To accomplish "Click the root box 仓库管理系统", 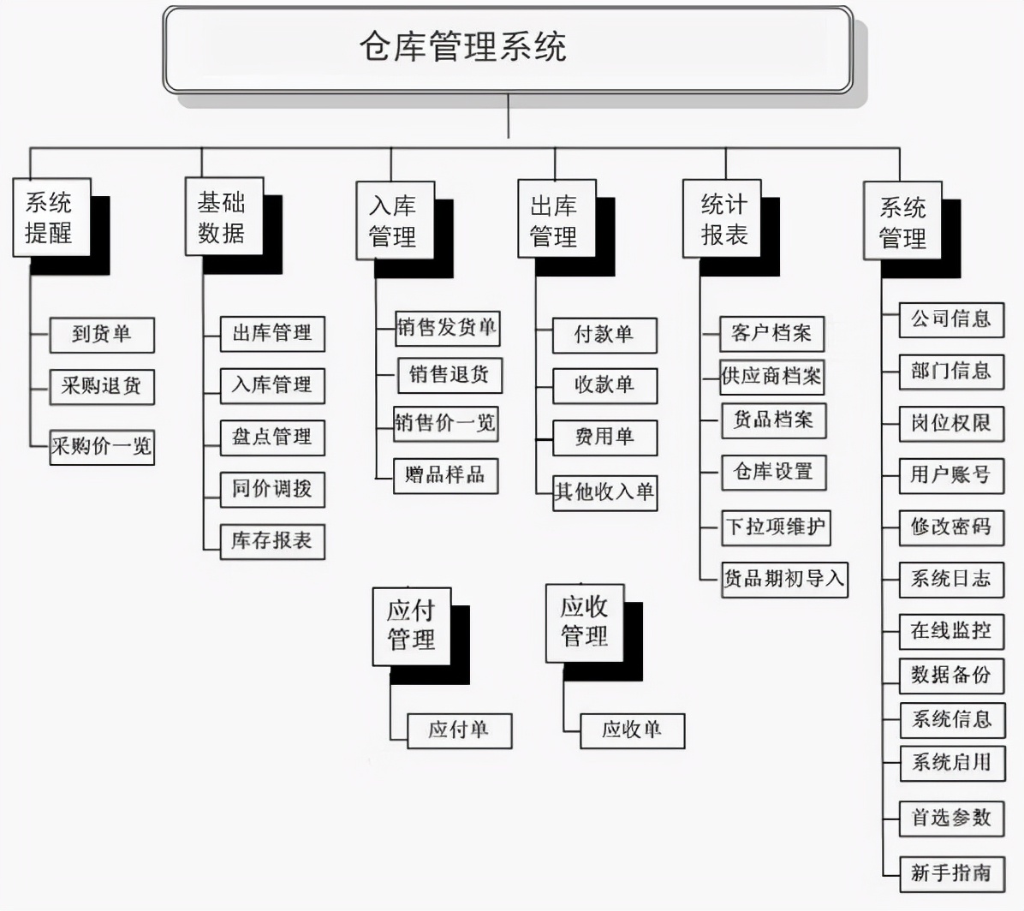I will click(x=507, y=49).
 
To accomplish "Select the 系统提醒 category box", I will click(x=51, y=217).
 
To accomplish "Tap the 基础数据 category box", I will click(x=223, y=217).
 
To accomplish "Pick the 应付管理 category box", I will click(x=411, y=626).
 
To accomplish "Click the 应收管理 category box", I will click(x=585, y=622).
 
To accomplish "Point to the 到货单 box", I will click(x=102, y=335).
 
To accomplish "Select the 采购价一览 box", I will click(x=102, y=447).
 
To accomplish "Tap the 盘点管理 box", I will click(x=272, y=438).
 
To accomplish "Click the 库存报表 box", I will click(x=272, y=541).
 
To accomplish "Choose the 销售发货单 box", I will click(x=447, y=328).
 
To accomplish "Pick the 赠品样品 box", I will click(x=445, y=475).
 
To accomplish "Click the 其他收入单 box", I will click(x=604, y=492).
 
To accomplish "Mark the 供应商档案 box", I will click(x=771, y=377).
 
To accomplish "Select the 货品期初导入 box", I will click(x=784, y=579).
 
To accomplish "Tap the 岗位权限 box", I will click(x=950, y=423).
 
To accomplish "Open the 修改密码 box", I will click(x=950, y=527).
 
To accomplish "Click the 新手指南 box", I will click(x=950, y=873).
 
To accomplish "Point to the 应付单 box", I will click(x=459, y=730).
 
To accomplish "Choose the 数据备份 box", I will click(x=950, y=676).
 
